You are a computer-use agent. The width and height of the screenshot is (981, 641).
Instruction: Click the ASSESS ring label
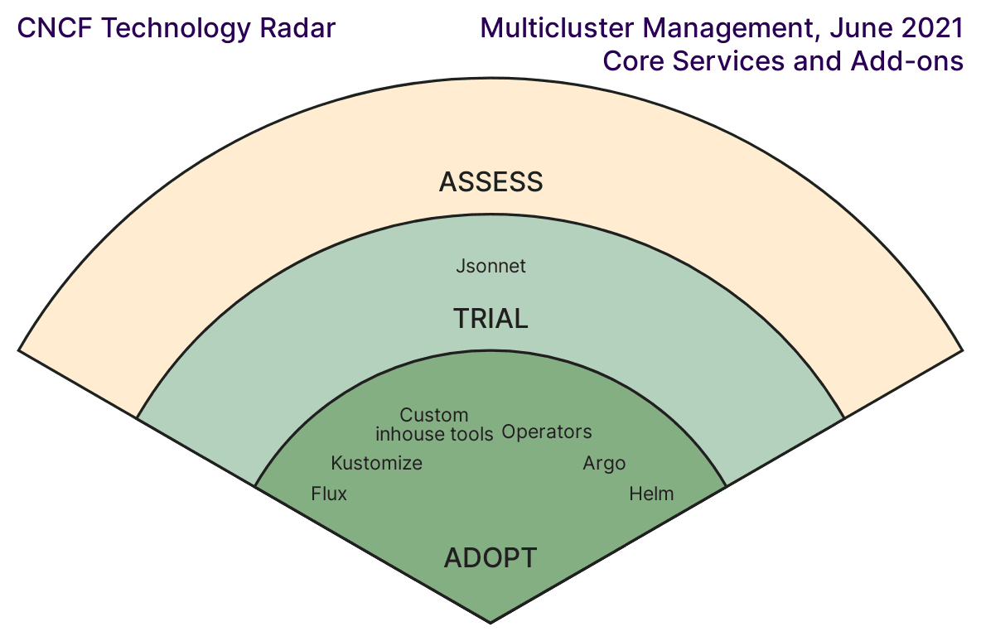490,182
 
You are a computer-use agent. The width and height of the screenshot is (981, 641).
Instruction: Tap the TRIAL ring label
490,319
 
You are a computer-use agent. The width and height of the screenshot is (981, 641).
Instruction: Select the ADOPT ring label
490,558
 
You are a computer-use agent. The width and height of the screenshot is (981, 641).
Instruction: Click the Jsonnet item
490,267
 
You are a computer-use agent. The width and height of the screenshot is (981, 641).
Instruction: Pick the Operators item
547,432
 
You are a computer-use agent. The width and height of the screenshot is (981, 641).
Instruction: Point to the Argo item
604,464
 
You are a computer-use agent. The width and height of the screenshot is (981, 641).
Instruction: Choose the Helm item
651,494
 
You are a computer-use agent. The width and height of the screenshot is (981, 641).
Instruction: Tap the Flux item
329,494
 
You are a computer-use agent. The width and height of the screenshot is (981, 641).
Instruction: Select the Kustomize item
376,464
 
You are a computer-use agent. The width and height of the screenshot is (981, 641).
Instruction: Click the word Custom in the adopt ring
434,415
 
